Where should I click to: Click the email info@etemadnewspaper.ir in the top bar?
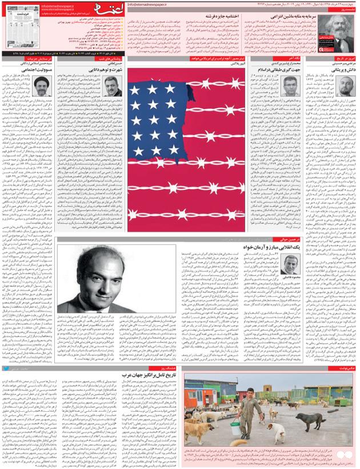point(151,3)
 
